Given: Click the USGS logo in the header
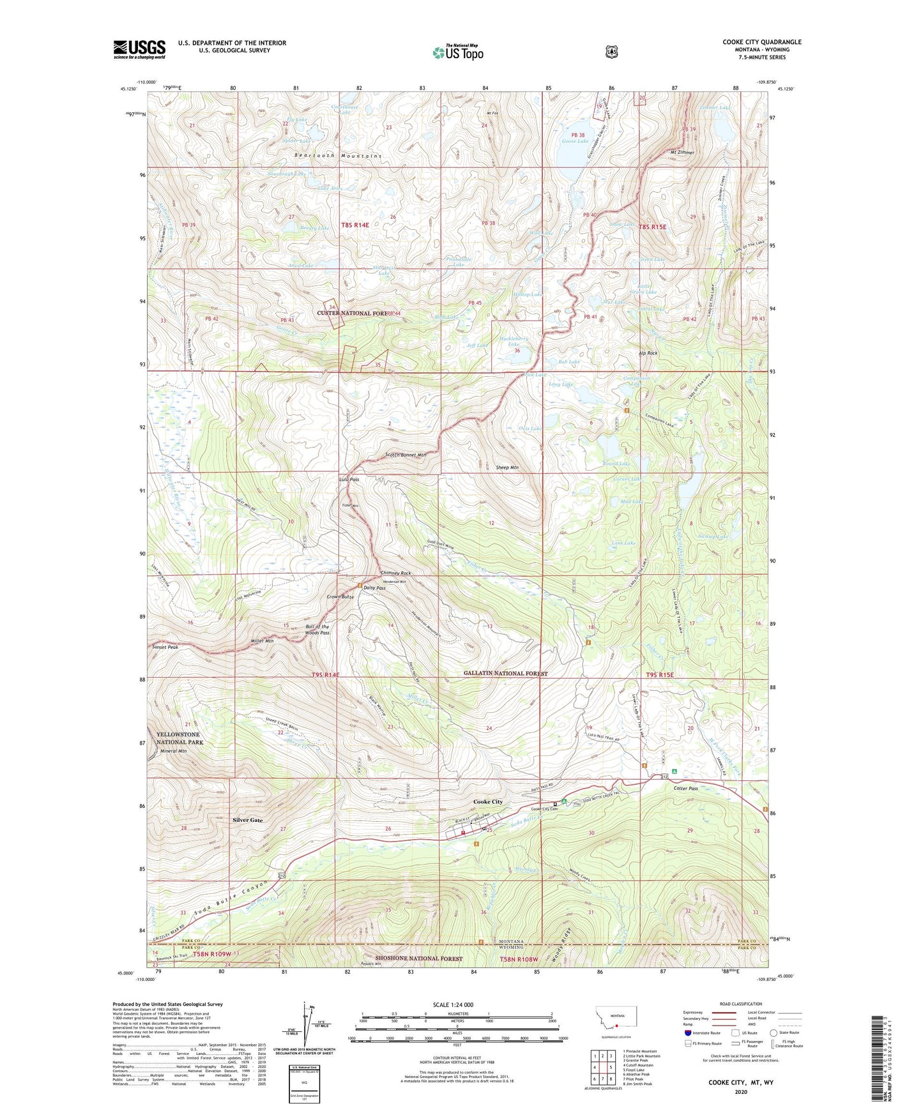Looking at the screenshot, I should pos(139,49).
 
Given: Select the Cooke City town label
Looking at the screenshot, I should pos(487,801).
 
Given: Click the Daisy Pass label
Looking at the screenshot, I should pos(374,588).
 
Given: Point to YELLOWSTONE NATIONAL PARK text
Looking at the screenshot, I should pos(179,738).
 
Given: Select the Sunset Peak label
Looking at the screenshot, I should pos(165,647).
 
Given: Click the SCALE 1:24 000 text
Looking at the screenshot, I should pos(453,1005).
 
